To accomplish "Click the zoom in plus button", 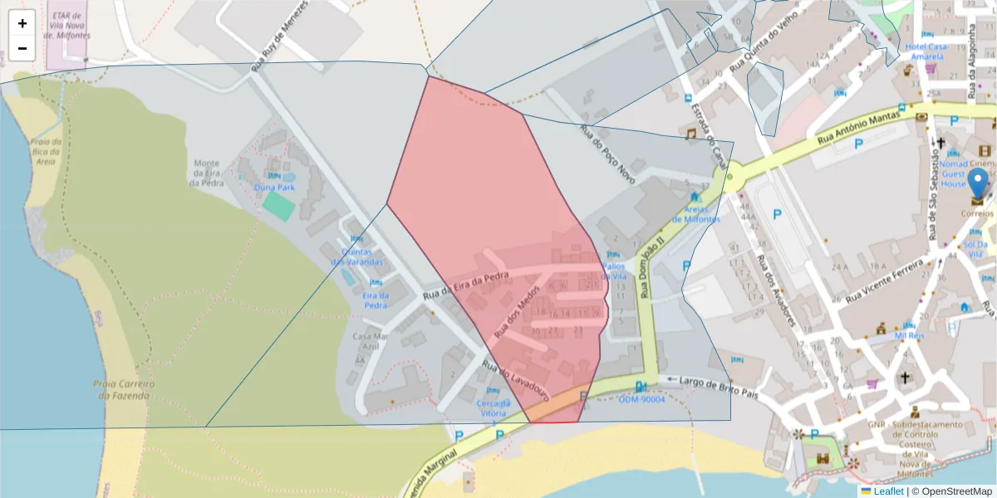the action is [x=22, y=23].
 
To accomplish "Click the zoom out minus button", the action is [x=22, y=48].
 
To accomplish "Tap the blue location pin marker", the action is [x=979, y=185].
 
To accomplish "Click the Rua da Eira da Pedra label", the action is [x=464, y=286].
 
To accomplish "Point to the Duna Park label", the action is [x=274, y=187].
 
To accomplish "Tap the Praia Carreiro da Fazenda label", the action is [x=121, y=389].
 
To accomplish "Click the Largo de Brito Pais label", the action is [x=719, y=382].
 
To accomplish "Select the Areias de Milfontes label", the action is [x=695, y=213].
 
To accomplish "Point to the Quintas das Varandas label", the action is [x=357, y=256].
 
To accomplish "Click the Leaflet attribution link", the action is [x=888, y=491].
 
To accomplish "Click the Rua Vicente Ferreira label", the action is [x=885, y=281].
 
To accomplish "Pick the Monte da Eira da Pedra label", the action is [x=207, y=173].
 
